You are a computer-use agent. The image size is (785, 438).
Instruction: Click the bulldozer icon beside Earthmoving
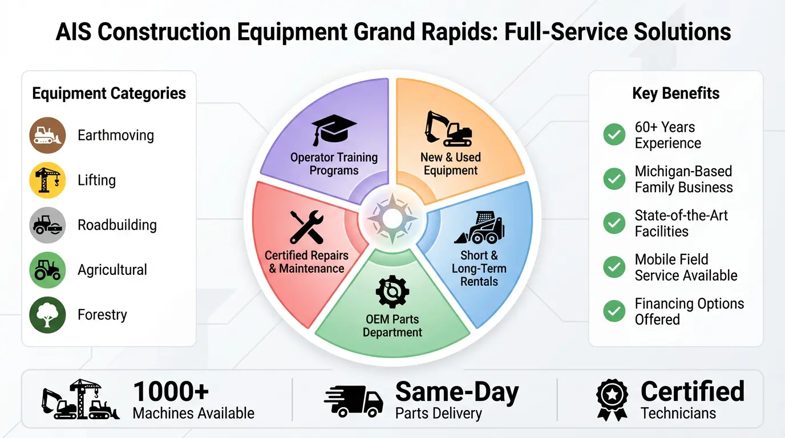point(47,135)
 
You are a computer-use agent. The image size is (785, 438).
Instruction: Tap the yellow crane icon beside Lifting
point(47,180)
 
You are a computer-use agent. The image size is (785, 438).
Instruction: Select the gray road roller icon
point(47,225)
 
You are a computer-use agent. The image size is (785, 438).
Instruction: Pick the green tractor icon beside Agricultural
point(47,270)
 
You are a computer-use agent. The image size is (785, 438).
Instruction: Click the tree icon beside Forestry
point(47,315)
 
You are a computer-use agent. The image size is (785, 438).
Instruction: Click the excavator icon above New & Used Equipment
point(449,128)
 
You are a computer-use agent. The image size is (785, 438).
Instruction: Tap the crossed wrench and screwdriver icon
point(306,226)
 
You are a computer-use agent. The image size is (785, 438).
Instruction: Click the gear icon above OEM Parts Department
point(392,291)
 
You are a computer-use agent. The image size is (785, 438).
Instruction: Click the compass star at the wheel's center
point(392,218)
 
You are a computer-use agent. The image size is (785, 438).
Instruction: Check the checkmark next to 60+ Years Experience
point(614,135)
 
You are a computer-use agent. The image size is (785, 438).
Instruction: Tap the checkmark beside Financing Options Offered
point(614,311)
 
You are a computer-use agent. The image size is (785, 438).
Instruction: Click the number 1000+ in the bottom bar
point(171,392)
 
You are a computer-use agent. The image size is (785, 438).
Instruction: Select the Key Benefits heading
point(675,94)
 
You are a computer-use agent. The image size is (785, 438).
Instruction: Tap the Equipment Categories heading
point(109,94)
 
